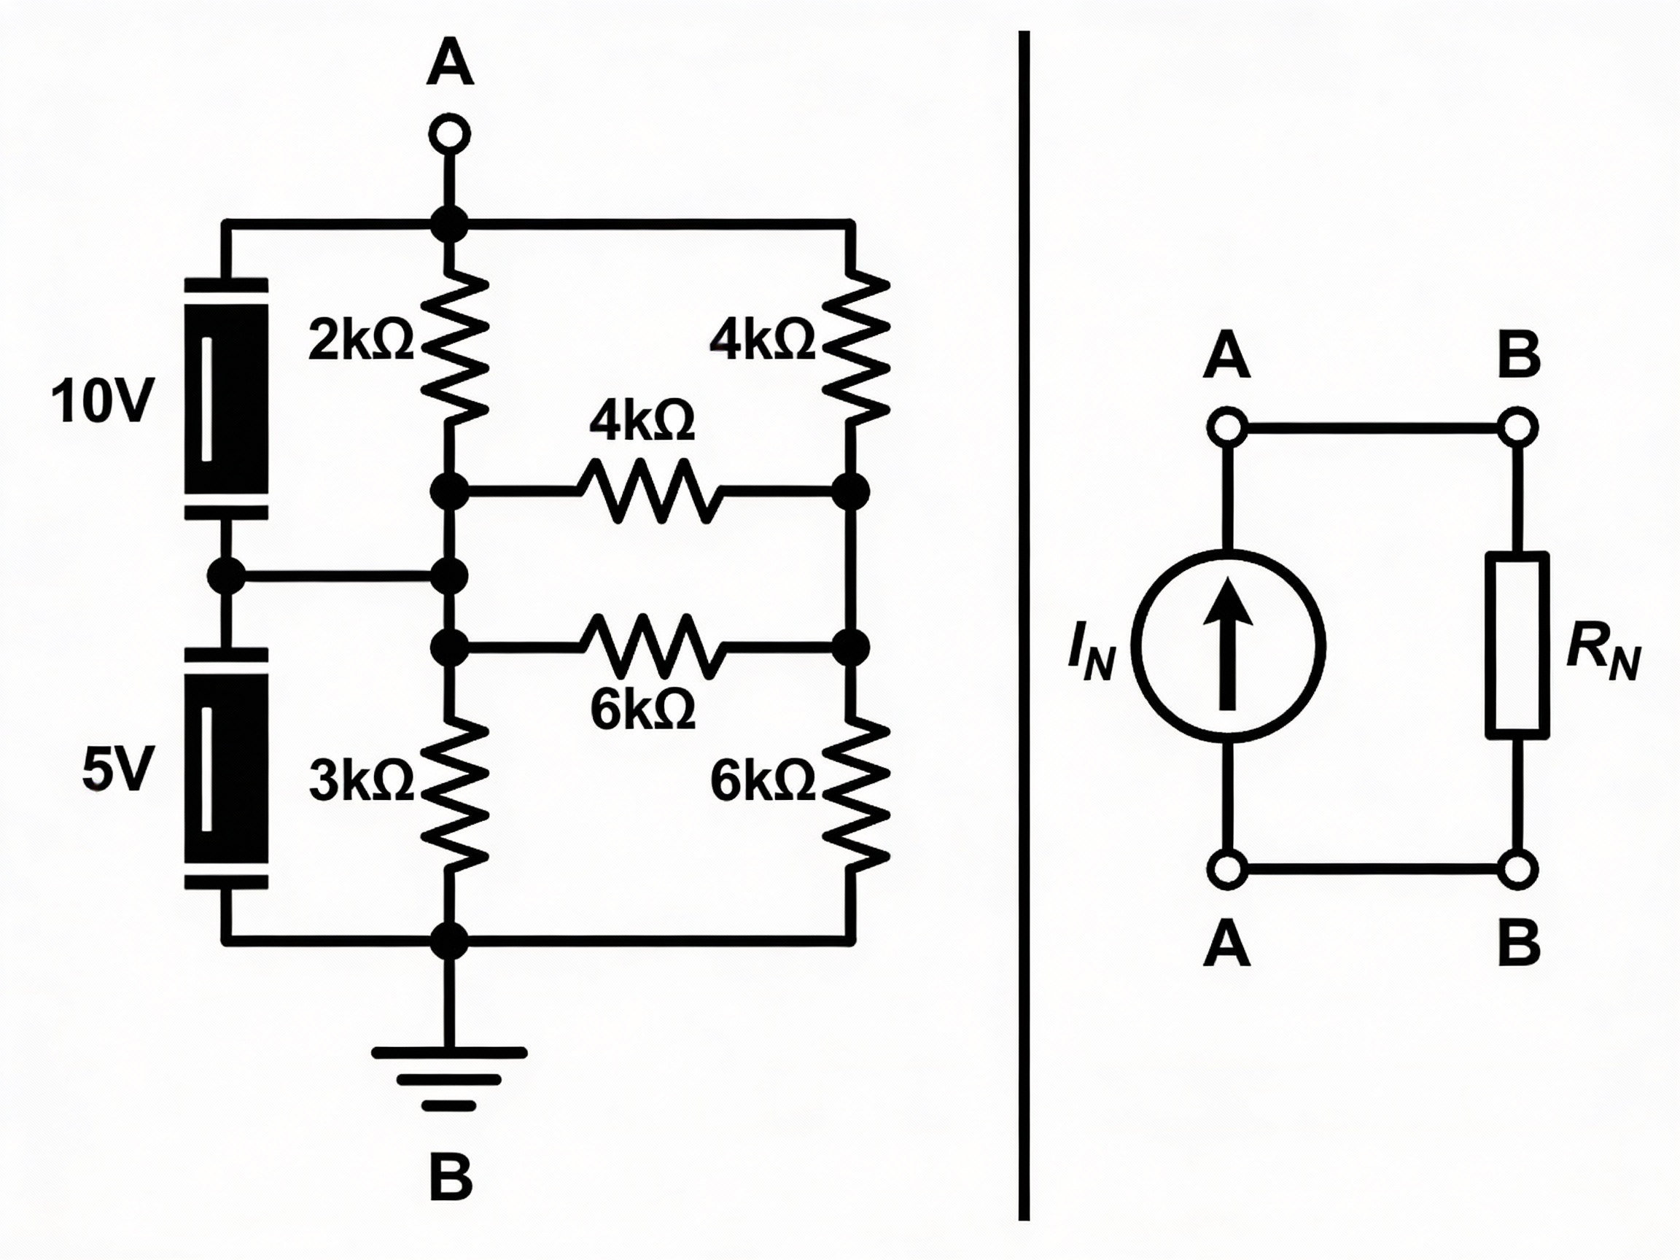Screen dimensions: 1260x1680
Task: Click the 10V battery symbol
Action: coord(226,399)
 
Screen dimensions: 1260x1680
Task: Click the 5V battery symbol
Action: coord(226,769)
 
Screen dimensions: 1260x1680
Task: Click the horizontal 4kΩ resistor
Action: coord(645,491)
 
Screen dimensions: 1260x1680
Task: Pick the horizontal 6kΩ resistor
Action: coord(645,646)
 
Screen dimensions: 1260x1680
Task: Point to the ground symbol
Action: coord(449,1078)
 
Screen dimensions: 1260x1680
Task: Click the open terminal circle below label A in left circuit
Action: coord(450,135)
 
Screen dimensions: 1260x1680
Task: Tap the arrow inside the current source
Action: coord(1228,646)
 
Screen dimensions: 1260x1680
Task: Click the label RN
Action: coord(1603,654)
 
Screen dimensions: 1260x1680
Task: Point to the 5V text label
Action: coord(117,769)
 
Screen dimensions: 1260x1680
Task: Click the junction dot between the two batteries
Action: coord(226,576)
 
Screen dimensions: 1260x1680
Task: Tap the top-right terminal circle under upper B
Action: coord(1517,427)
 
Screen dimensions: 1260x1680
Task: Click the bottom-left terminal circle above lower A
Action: coord(1226,869)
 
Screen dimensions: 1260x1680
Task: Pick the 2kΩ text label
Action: coord(361,341)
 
